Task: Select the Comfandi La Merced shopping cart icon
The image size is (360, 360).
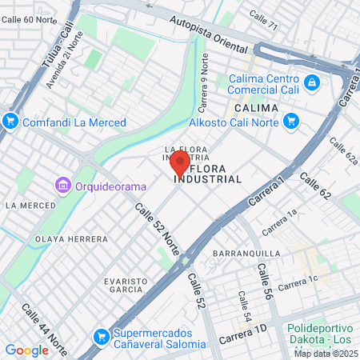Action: click(10, 122)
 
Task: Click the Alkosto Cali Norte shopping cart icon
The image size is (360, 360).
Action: click(291, 122)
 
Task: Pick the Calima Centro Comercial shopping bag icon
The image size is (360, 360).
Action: click(311, 82)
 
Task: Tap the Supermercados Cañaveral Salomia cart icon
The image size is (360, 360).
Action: click(100, 337)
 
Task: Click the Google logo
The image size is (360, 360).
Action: click(26, 350)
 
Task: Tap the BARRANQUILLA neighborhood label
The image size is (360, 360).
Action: click(246, 254)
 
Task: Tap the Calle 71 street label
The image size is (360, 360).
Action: click(263, 16)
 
